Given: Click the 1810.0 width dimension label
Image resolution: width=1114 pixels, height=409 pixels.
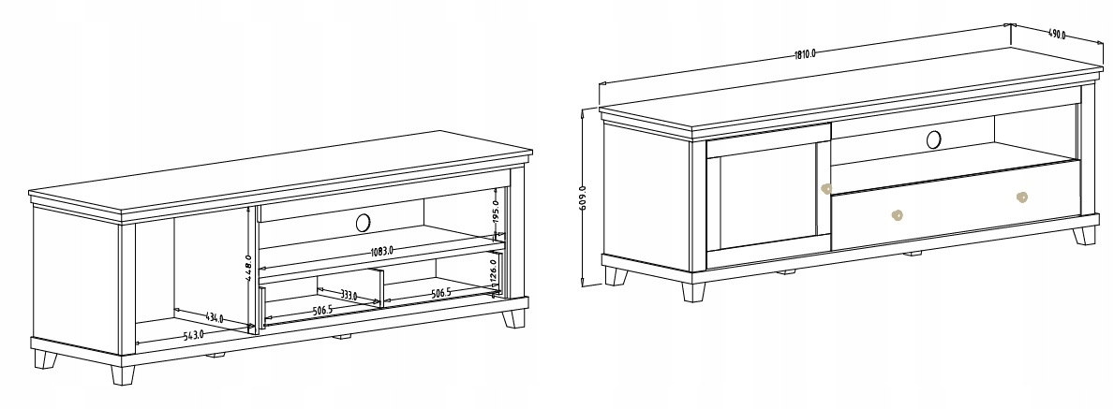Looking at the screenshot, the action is click(805, 53).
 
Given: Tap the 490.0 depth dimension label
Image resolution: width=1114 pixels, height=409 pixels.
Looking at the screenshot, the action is click(1057, 34).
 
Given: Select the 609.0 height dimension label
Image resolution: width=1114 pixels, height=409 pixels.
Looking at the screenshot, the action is click(583, 197).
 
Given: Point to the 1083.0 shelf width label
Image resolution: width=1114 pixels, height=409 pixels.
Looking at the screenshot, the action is click(382, 250).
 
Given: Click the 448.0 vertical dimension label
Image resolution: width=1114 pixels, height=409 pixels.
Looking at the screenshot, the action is click(248, 268).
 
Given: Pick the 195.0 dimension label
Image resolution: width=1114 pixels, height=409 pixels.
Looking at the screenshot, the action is click(496, 212).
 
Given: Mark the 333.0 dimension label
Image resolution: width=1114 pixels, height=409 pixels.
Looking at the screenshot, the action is click(348, 295).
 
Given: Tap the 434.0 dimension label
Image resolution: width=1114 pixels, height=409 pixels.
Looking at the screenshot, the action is click(213, 318).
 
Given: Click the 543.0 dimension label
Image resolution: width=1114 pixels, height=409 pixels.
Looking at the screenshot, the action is click(194, 334).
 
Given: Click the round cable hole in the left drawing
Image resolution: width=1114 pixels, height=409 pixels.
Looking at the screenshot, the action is click(363, 223).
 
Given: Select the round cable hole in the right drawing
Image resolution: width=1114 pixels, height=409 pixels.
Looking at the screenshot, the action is click(933, 139).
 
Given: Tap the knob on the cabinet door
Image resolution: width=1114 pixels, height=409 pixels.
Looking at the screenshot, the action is click(825, 189).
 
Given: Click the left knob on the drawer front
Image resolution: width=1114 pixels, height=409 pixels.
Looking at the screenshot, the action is click(898, 214).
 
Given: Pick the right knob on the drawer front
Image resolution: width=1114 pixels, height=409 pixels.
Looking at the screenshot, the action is click(1021, 197).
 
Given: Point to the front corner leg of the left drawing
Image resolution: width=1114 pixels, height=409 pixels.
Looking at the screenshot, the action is click(122, 374).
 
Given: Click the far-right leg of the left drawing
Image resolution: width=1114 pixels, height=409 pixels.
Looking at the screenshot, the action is click(513, 319).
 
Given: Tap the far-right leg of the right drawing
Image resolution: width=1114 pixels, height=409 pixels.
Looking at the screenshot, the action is click(1084, 236).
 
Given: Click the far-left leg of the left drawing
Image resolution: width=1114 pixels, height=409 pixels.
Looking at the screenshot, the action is click(46, 360).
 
